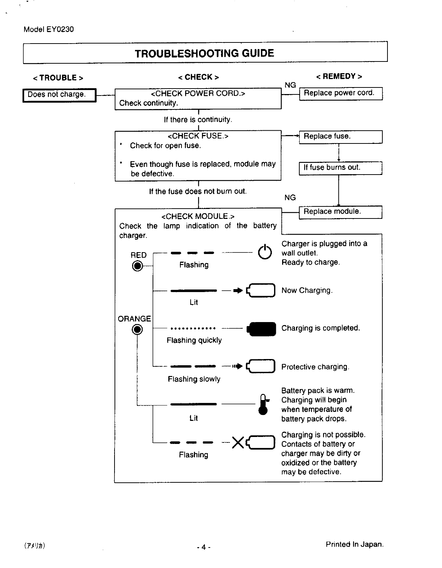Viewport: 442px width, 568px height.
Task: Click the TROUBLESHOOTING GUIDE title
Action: coord(204,53)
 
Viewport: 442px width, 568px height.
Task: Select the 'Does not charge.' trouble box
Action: coord(59,95)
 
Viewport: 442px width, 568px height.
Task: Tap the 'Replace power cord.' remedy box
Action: coord(341,93)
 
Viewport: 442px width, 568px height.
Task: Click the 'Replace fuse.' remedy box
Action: coord(341,137)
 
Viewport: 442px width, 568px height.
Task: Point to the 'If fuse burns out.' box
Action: coord(340,168)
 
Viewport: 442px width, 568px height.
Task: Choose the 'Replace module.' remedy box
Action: coord(340,212)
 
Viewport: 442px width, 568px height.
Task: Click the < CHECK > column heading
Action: coord(198,77)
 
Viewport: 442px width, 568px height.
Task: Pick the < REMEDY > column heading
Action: coord(339,76)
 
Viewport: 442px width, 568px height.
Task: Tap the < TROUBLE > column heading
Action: coord(58,78)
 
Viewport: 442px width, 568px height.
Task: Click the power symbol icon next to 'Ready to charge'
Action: coord(265,252)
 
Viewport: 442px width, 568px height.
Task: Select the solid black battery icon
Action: coord(262,329)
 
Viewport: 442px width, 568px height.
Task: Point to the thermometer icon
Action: coord(263,404)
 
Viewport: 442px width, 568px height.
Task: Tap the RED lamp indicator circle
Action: coord(137,266)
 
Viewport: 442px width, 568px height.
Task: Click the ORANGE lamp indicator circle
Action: coord(138,330)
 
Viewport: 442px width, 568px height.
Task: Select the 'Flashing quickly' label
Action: coord(194,340)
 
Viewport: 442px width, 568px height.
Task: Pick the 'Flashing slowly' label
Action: coord(194,379)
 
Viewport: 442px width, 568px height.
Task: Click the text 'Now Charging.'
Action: coord(307,291)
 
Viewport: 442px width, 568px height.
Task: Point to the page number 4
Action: coord(203,548)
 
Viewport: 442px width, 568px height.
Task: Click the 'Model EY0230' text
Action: coord(49,29)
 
